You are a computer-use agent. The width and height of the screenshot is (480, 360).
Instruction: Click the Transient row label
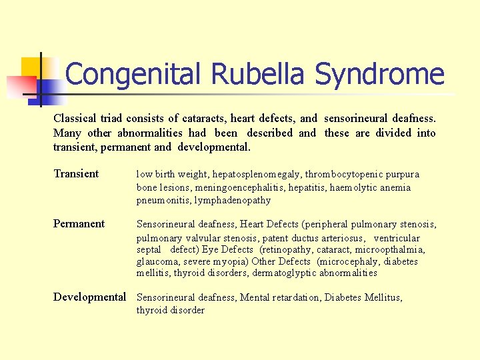click(x=76, y=174)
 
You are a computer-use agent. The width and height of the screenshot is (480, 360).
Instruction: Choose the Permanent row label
click(x=79, y=224)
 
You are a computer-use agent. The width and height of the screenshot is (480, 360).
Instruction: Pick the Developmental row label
click(x=89, y=297)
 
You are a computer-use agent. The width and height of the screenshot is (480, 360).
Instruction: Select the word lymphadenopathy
click(x=233, y=200)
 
